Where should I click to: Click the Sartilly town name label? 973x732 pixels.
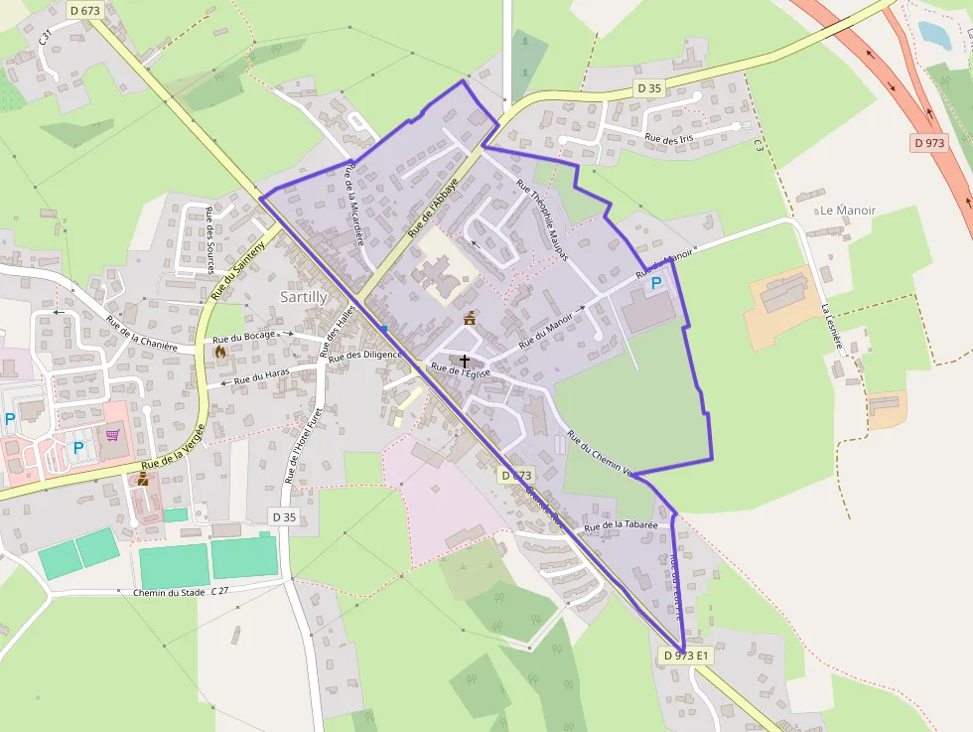304,297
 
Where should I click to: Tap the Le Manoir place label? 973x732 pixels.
848,211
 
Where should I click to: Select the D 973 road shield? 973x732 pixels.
929,143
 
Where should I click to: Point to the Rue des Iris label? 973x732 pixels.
668,140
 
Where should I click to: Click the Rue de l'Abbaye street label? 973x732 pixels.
434,207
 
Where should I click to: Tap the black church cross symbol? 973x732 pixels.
464,362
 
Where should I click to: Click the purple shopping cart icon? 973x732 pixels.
112,434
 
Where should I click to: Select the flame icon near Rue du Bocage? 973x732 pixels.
219,350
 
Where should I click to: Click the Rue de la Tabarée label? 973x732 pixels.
622,524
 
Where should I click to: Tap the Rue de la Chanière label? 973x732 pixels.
141,334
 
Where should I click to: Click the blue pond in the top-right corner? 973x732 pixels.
934,35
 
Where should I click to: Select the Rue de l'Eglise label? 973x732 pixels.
460,370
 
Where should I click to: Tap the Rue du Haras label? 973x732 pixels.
262,377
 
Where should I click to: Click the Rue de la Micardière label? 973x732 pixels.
354,204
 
